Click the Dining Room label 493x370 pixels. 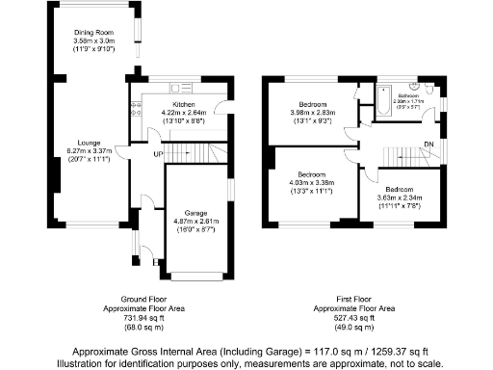pos(95,34)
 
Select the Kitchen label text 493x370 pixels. pos(184,104)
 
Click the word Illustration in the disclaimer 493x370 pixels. pos(81,363)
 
